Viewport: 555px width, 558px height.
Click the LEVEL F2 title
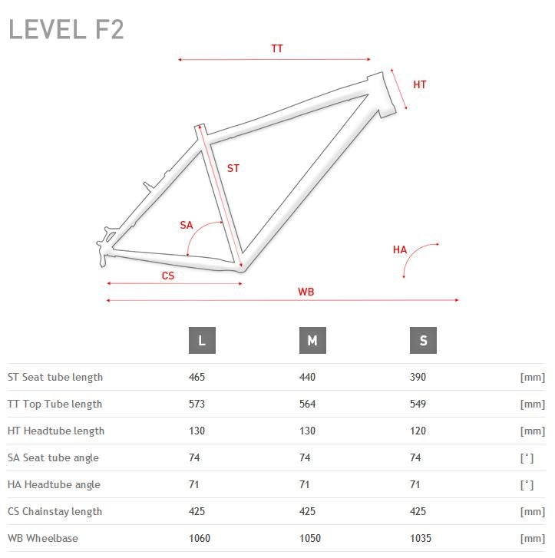66,29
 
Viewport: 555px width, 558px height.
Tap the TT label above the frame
277,48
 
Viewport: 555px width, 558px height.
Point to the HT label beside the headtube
420,84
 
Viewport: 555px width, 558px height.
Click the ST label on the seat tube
233,168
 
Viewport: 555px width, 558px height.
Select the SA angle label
187,225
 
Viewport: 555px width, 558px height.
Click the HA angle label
400,249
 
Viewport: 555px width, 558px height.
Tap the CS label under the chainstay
168,276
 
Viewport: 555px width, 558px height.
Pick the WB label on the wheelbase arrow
306,292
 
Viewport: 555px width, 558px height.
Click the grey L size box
202,340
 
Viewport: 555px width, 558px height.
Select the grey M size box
312,340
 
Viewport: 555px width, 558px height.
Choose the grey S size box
423,340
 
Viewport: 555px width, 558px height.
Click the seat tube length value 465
197,377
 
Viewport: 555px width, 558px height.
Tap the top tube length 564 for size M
307,404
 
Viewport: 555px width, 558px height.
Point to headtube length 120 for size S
418,431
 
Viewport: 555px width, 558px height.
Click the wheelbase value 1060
200,538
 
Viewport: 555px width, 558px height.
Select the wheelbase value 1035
421,538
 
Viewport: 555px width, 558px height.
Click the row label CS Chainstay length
55,511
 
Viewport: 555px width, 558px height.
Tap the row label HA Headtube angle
54,484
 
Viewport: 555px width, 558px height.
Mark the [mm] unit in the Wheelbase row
533,538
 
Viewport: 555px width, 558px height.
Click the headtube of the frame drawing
382,94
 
